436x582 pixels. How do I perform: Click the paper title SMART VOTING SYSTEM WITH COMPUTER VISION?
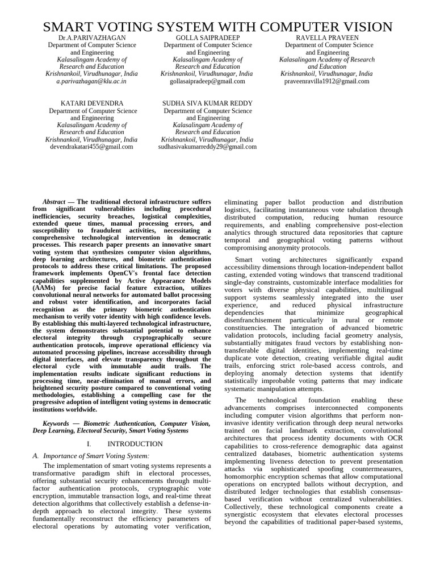218,27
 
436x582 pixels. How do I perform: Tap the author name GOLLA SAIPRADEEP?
207,38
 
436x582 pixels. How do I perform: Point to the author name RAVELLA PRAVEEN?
326,38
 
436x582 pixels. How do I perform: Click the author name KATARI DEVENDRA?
91,103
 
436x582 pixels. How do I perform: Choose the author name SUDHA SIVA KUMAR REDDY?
207,103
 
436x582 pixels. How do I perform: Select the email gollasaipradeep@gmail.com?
207,81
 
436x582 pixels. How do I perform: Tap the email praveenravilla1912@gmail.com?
326,81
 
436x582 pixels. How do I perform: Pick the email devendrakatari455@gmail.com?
91,146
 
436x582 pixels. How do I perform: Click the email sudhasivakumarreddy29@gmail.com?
207,146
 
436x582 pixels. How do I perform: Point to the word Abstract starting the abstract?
54,202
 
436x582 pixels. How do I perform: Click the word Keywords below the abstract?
58,423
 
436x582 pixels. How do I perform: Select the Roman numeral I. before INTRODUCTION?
89,443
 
